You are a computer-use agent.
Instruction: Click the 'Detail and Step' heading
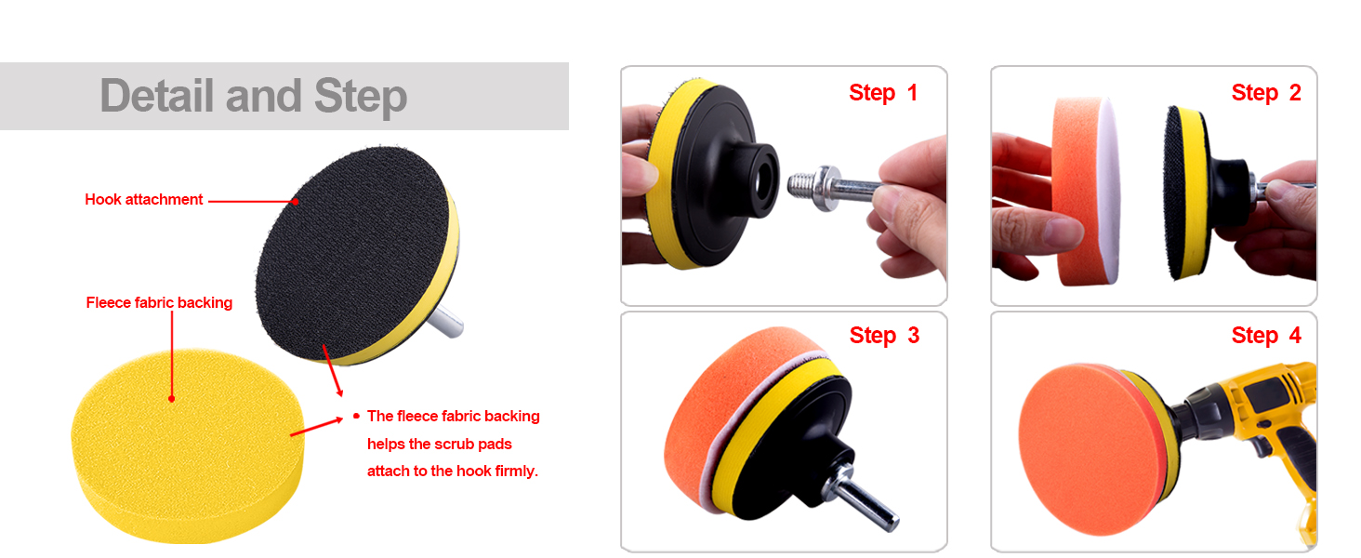[253, 97]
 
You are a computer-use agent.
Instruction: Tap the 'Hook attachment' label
[143, 199]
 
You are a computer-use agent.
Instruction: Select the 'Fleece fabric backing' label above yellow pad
[159, 302]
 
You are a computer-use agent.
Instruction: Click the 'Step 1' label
[882, 93]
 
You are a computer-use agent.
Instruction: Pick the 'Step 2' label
[1265, 93]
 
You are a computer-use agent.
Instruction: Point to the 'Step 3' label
[883, 336]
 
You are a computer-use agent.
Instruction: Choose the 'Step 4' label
[1265, 336]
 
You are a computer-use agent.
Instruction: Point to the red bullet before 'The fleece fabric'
[356, 416]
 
